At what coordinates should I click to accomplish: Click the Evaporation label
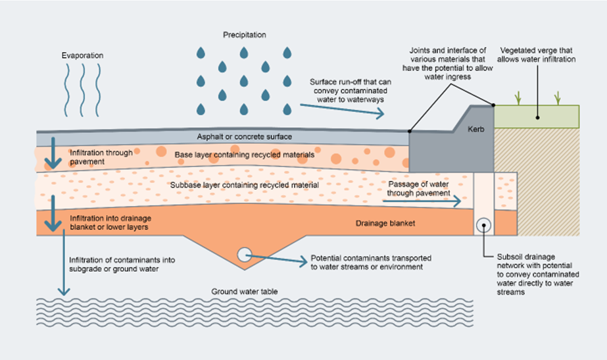(82, 56)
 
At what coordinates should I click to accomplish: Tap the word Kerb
(477, 129)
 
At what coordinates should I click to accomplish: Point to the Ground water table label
(243, 291)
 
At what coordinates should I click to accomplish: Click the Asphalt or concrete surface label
(244, 137)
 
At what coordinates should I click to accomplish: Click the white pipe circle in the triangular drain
(243, 253)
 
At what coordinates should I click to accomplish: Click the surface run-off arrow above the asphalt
(342, 109)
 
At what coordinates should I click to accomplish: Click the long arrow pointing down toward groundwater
(63, 263)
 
